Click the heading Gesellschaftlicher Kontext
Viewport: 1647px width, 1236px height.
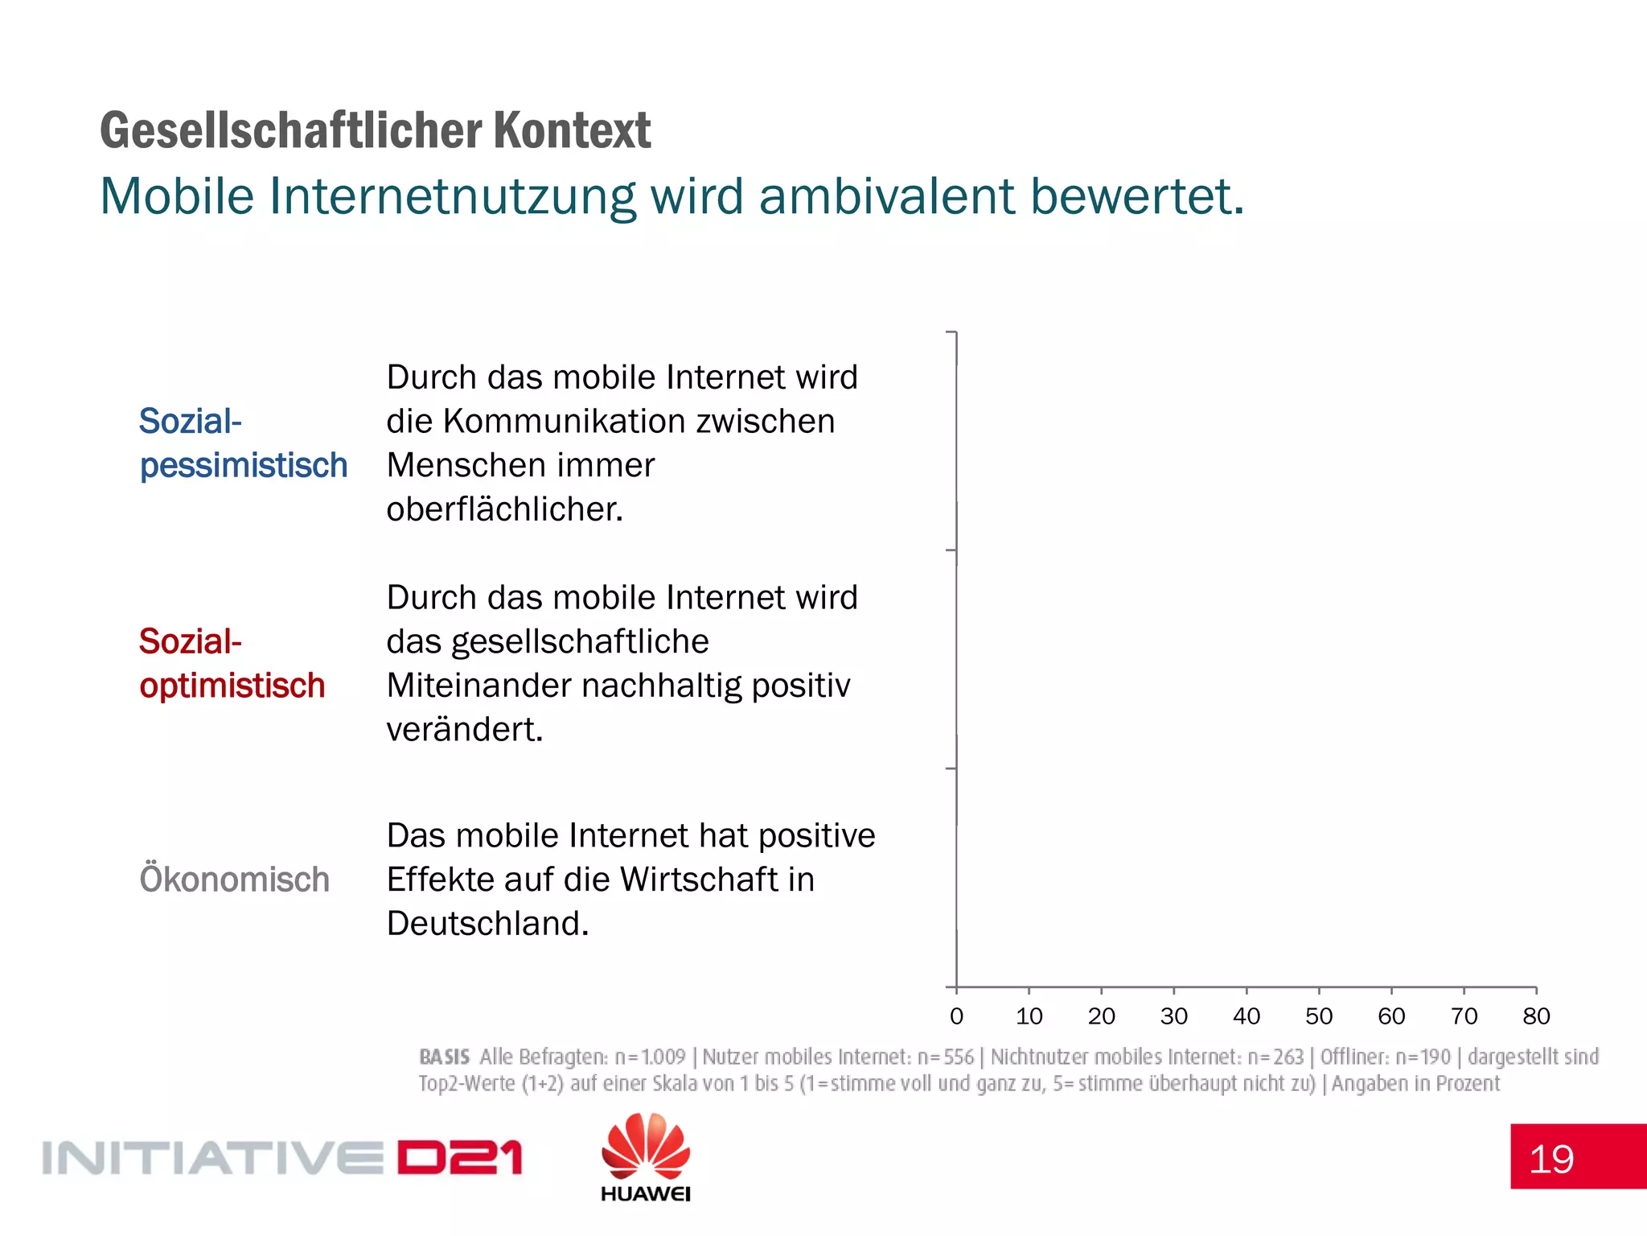click(375, 130)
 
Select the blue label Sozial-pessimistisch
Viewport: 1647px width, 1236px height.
click(243, 443)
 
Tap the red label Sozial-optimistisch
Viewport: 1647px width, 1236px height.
click(232, 664)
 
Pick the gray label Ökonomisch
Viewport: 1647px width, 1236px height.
click(234, 880)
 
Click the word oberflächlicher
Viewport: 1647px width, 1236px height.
click(504, 509)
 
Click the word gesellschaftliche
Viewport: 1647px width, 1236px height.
click(580, 642)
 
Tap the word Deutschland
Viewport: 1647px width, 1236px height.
click(487, 924)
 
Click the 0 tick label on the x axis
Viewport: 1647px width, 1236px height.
click(956, 1016)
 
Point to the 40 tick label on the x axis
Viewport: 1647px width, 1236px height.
click(1247, 1016)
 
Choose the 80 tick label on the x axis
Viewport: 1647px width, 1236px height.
click(1536, 1016)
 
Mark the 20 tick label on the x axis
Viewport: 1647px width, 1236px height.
click(1101, 1016)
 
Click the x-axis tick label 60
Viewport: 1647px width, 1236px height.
click(1391, 1016)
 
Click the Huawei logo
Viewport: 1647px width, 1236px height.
click(646, 1157)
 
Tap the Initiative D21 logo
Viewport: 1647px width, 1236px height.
click(281, 1158)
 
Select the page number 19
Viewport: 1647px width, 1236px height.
click(1551, 1160)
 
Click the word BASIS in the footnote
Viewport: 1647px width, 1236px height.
click(444, 1057)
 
